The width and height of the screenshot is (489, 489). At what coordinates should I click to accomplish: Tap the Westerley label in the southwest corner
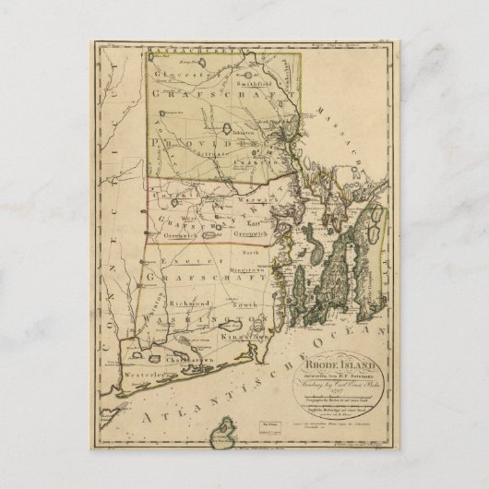click(x=152, y=376)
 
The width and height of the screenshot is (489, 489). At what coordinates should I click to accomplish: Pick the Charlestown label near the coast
click(x=212, y=359)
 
